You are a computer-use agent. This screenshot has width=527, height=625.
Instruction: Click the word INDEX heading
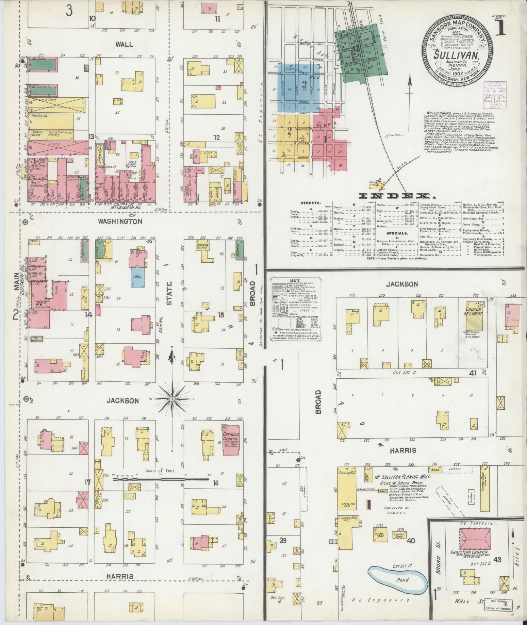click(x=397, y=196)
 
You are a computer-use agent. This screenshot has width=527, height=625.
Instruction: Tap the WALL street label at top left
click(x=124, y=44)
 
